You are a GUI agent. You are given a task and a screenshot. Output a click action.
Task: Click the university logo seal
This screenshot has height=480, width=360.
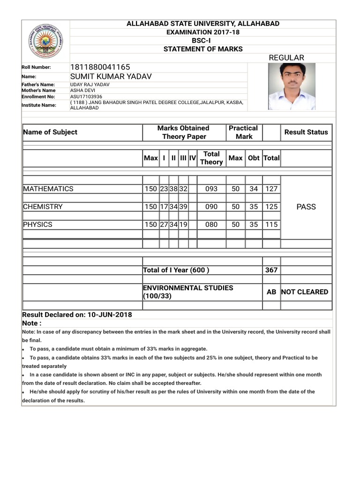45,40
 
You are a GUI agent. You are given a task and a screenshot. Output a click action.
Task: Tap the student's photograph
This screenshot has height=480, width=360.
292,87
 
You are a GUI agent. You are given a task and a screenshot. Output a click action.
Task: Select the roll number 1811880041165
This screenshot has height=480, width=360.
100,67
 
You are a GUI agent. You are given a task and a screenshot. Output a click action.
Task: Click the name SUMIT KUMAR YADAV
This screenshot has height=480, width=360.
111,76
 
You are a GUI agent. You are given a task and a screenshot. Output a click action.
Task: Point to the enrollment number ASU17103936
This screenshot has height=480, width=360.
86,97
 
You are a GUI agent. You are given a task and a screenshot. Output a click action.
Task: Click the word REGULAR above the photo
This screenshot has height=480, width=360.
286,58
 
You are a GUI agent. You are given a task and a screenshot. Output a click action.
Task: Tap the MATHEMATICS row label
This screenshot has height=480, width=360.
48,189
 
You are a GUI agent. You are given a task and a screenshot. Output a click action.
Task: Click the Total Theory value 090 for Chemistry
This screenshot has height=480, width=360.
211,207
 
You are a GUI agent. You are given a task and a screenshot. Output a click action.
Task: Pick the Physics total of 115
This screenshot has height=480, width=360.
271,225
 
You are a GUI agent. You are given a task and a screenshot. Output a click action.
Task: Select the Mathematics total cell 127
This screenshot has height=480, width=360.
271,189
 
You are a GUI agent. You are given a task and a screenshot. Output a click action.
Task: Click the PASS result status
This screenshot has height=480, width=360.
306,207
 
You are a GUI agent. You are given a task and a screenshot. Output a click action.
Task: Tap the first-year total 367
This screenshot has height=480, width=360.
271,270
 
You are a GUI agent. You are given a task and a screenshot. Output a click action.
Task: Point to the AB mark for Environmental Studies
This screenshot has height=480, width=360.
271,292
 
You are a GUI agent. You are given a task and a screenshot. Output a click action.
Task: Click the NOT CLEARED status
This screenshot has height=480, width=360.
305,292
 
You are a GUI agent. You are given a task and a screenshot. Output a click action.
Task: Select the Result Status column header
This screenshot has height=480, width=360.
306,132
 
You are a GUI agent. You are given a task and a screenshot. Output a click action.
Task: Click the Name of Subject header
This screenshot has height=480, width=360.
50,132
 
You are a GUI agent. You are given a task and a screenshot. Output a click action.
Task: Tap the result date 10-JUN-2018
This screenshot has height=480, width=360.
110,315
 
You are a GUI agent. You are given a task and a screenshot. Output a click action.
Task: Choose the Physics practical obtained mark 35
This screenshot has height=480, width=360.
254,225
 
